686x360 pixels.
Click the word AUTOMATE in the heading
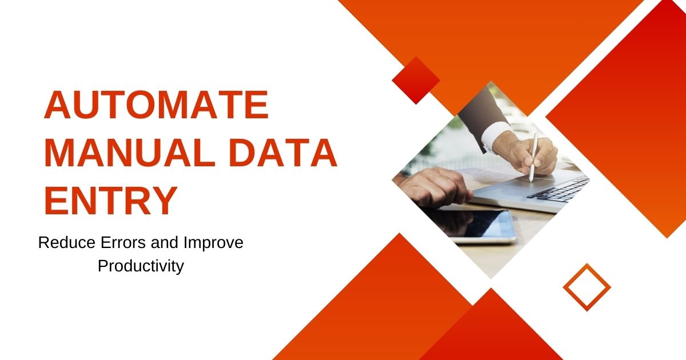pos(157,105)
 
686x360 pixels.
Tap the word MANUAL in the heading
pos(130,153)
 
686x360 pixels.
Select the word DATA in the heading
pos(283,153)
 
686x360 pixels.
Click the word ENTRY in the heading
pos(111,200)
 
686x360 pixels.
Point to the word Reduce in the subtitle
pos(67,243)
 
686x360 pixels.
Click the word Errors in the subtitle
pos(123,243)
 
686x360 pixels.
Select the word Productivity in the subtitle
pos(141,266)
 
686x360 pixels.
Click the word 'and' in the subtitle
pos(165,242)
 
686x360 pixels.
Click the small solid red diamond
pos(416,80)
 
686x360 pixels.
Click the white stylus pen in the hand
pos(533,157)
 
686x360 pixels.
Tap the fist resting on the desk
pos(435,187)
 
